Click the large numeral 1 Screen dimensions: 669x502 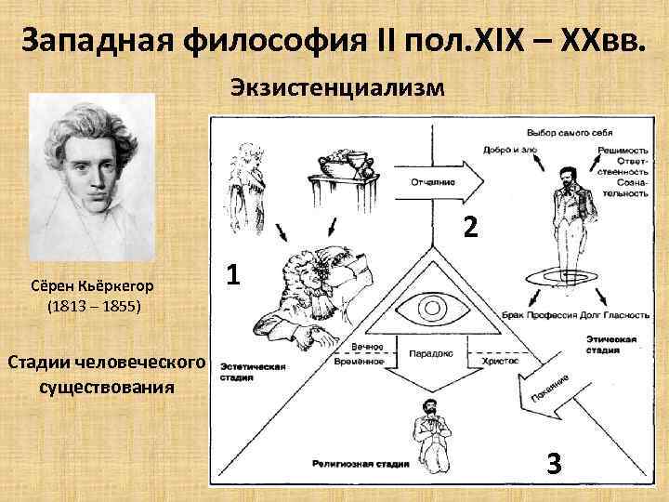(x=235, y=275)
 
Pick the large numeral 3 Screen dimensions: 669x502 (x=553, y=462)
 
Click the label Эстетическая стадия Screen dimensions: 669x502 (x=254, y=373)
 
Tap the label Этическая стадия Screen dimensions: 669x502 (x=610, y=346)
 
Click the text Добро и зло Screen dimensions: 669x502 (x=506, y=149)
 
